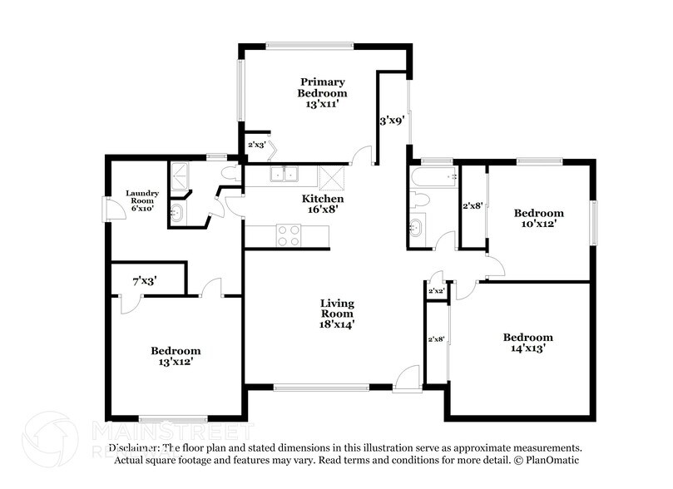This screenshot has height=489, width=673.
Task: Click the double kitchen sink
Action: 285,175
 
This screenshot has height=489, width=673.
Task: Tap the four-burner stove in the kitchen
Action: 288,236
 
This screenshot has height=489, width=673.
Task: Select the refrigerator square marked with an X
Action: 331,177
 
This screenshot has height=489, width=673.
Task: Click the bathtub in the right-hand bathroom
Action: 433,176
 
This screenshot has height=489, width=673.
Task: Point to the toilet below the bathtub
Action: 419,200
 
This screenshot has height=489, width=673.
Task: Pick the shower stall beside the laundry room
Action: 179,175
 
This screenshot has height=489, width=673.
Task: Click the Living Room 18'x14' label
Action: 337,314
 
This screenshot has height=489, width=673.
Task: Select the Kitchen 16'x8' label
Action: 322,205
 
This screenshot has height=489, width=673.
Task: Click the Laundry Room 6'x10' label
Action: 142,200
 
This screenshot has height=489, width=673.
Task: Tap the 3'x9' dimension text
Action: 392,121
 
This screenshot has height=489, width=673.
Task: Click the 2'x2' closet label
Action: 436,292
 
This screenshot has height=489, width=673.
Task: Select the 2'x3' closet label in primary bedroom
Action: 256,145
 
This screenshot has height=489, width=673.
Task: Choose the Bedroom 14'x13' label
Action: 527,343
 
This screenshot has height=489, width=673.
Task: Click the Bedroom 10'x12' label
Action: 538,218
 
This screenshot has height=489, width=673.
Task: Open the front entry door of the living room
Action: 408,379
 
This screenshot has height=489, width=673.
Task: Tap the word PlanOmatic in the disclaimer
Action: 552,460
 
